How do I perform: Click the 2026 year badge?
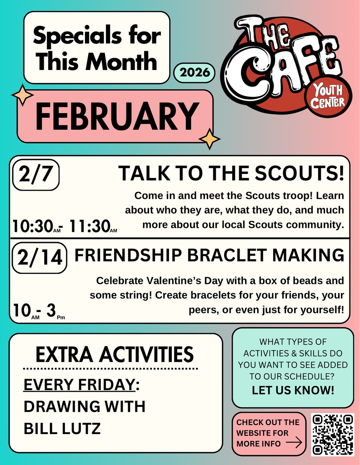(x=195, y=73)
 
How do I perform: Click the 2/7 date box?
(x=36, y=175)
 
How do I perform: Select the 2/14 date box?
(x=40, y=257)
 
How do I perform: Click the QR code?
(x=333, y=435)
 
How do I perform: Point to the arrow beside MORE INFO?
(x=294, y=443)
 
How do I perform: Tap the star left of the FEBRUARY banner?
(x=23, y=95)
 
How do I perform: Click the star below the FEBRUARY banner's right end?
(x=210, y=139)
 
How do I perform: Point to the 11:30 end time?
(x=93, y=226)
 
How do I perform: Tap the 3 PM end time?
(x=55, y=311)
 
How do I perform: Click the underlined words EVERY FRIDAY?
(x=79, y=385)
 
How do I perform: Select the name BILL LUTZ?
(x=62, y=429)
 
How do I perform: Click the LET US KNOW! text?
(x=293, y=390)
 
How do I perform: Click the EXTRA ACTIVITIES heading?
(x=115, y=354)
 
